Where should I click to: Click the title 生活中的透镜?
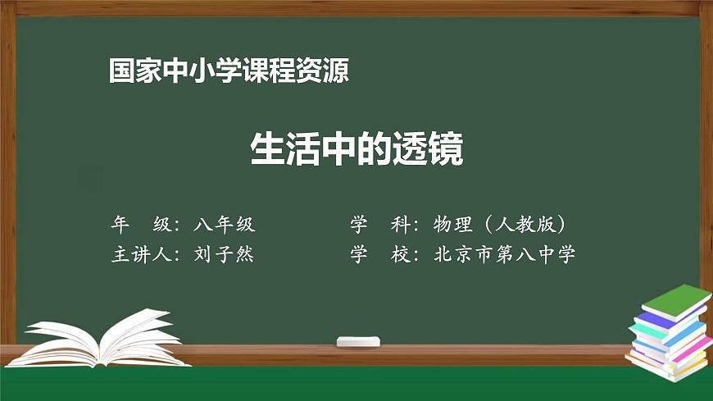coord(356,150)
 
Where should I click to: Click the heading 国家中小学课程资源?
coord(229,71)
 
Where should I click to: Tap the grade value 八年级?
coord(225,224)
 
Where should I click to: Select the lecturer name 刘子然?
coord(225,254)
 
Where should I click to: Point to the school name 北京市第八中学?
coord(504,254)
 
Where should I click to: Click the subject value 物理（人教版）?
coord(500,224)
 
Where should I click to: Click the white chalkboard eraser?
coord(359,340)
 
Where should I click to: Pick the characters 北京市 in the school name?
coord(463,254)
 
